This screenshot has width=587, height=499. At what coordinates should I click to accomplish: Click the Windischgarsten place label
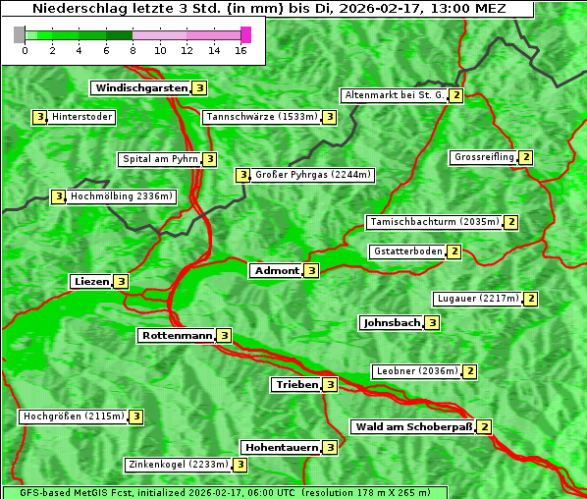coord(140,88)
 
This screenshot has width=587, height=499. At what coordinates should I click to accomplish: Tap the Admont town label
coord(276,270)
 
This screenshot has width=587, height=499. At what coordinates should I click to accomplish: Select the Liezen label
coord(91,281)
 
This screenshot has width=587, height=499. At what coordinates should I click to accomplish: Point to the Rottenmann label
coord(177,336)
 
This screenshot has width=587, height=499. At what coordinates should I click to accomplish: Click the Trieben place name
coord(296,385)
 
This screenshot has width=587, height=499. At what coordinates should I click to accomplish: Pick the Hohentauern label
coord(282,448)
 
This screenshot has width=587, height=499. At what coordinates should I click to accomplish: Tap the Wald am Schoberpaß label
coord(412,427)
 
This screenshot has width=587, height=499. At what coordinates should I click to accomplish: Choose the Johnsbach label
coord(392,322)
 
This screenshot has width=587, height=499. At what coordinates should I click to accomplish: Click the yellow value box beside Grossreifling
coord(526,157)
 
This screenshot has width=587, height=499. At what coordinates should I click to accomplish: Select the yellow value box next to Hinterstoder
coord(39,117)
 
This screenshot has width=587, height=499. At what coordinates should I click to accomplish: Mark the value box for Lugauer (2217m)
coord(531,299)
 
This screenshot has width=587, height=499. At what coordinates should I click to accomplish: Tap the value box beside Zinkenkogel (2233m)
coord(240,465)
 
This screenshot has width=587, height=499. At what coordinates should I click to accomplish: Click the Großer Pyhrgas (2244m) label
coord(312,175)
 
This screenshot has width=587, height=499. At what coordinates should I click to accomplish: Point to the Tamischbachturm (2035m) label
coord(433,222)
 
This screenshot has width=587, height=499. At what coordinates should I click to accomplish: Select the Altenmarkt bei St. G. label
coord(394,95)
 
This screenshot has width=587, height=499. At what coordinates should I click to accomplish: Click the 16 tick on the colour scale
coord(241,50)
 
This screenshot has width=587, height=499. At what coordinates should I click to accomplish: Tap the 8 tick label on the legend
coord(133,50)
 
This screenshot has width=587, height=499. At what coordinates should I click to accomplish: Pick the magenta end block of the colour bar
coord(245,34)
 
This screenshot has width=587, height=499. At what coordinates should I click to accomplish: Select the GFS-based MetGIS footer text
coord(224,492)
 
